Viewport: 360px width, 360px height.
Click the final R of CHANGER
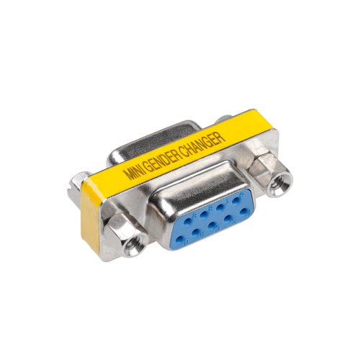221,135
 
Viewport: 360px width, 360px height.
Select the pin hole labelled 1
243,212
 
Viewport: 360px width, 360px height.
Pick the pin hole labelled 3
212,225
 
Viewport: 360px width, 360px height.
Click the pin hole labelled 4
196,232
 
